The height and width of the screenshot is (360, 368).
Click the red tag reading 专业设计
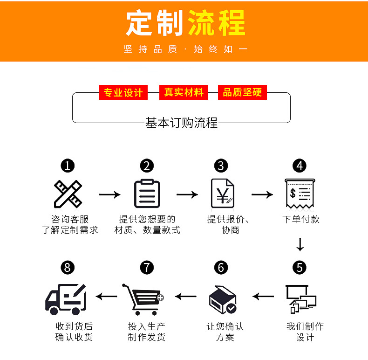[x=123, y=92]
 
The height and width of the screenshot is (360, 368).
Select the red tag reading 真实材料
[x=183, y=92]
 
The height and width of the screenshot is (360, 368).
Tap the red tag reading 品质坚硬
[x=242, y=92]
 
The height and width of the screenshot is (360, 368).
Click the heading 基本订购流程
[x=182, y=123]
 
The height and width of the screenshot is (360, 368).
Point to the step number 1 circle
[x=68, y=166]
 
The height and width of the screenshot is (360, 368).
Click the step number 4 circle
[x=300, y=166]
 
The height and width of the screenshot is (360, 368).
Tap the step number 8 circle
[x=68, y=268]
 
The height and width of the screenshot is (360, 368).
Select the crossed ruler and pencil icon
[x=68, y=194]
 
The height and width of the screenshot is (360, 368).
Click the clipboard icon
[x=147, y=194]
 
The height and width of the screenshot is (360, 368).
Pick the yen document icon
[x=222, y=194]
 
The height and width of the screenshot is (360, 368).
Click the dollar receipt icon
[x=299, y=194]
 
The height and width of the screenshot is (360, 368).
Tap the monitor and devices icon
[x=300, y=298]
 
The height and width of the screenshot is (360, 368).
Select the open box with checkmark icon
[x=223, y=299]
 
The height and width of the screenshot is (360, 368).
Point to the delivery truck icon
[x=66, y=299]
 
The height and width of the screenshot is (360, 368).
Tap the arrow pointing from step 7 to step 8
[x=107, y=296]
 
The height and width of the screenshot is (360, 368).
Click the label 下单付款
[x=301, y=219]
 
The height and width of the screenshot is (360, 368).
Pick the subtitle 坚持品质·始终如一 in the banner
[x=185, y=49]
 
